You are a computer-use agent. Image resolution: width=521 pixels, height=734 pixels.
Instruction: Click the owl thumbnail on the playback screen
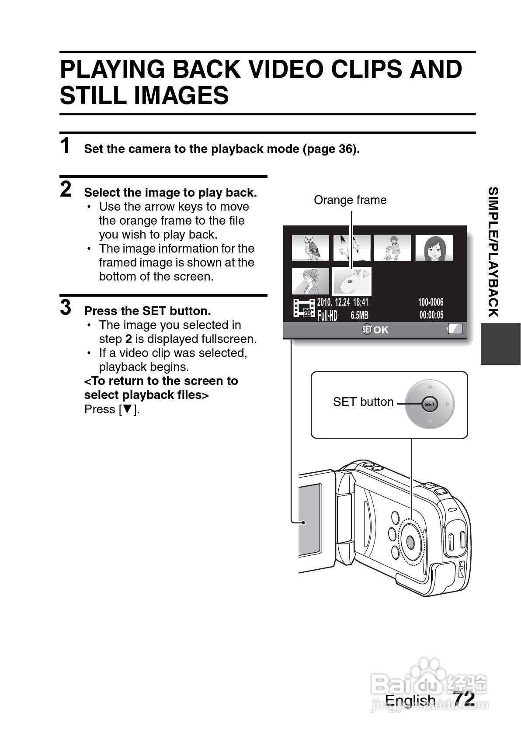pyautogui.click(x=310, y=248)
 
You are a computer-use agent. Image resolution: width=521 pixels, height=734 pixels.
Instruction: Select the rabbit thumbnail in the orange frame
pyautogui.click(x=352, y=281)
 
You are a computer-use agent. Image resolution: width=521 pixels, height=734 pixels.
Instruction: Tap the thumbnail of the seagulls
pyautogui.click(x=352, y=248)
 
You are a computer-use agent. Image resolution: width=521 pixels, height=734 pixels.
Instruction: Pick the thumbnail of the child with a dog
pyautogui.click(x=392, y=248)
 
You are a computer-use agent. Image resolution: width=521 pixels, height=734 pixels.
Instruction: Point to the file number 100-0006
pyautogui.click(x=431, y=302)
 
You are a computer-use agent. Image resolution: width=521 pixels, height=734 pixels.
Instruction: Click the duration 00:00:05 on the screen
pyautogui.click(x=431, y=315)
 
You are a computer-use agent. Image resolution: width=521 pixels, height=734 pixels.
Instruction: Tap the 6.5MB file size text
pyautogui.click(x=359, y=315)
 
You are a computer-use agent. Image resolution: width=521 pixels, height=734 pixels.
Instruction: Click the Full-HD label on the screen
pyautogui.click(x=327, y=315)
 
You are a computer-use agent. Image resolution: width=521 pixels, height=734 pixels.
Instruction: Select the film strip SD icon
pyautogui.click(x=304, y=308)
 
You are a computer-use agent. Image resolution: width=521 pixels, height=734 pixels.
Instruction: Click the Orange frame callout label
pyautogui.click(x=350, y=200)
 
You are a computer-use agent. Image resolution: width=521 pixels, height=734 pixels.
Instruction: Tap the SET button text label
pyautogui.click(x=363, y=402)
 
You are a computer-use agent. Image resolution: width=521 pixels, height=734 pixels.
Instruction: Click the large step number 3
pyautogui.click(x=66, y=308)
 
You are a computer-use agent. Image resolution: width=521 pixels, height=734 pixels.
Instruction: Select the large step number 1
pyautogui.click(x=66, y=146)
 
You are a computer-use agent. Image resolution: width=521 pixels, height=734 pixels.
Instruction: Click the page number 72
pyautogui.click(x=464, y=698)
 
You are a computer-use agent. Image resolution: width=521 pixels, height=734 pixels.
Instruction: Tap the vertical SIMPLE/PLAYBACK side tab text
pyautogui.click(x=493, y=252)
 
